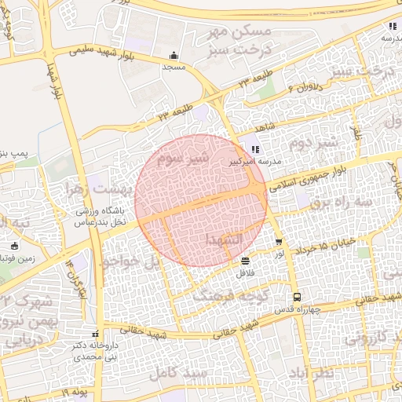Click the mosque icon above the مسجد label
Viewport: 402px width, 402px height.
pos(174,56)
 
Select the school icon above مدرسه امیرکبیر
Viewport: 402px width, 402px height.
pos(254,149)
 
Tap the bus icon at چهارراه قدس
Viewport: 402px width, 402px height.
pos(296,297)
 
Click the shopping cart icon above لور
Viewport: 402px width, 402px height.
pos(279,242)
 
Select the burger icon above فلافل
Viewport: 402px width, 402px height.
pos(246,261)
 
